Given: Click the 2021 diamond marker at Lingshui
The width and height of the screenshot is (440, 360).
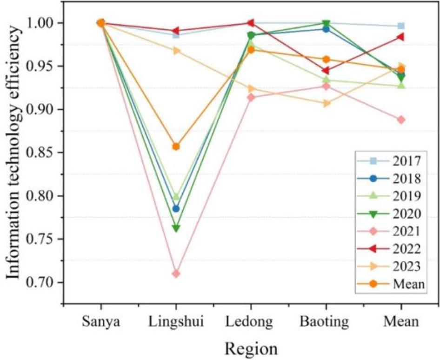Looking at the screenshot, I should [176, 273].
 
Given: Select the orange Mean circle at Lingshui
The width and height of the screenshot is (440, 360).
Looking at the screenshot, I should [176, 147].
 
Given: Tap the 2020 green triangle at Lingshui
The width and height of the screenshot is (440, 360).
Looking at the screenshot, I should [176, 228].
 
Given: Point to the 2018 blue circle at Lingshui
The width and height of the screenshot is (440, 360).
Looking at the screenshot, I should [176, 209].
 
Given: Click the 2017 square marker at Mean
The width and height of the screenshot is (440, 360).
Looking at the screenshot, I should [401, 26].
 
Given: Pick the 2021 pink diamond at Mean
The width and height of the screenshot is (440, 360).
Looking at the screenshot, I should [401, 120].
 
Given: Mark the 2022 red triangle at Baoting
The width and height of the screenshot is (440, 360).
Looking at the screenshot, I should [326, 71].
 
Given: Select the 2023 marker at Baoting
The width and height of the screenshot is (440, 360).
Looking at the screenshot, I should [326, 103].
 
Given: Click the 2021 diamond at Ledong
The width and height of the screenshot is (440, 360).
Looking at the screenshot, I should [251, 97].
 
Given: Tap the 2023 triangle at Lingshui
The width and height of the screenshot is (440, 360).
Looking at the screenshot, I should [176, 51].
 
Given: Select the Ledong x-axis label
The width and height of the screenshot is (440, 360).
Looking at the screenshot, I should [251, 321].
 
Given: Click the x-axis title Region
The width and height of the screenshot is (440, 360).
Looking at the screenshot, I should [251, 348].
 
